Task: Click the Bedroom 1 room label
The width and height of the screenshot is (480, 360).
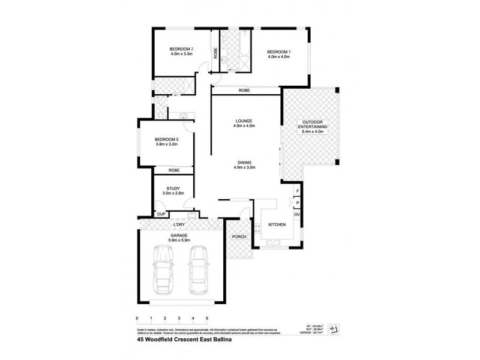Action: coord(278,52)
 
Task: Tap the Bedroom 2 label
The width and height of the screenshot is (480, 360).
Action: coord(181,49)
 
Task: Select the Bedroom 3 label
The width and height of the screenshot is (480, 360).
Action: coord(167,139)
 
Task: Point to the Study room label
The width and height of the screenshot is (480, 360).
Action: coord(173,189)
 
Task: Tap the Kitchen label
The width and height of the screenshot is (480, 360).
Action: coord(276,225)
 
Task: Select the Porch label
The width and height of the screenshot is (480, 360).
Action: coord(238,236)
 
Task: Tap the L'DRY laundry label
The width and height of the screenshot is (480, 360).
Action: coord(178,224)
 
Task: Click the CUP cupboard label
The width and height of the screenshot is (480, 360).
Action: coord(161,214)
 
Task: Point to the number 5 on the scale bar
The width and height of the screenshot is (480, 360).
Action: coord(207,318)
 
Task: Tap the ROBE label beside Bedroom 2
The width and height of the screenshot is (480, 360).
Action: coord(214,52)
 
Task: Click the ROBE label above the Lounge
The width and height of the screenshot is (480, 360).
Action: coord(244,91)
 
